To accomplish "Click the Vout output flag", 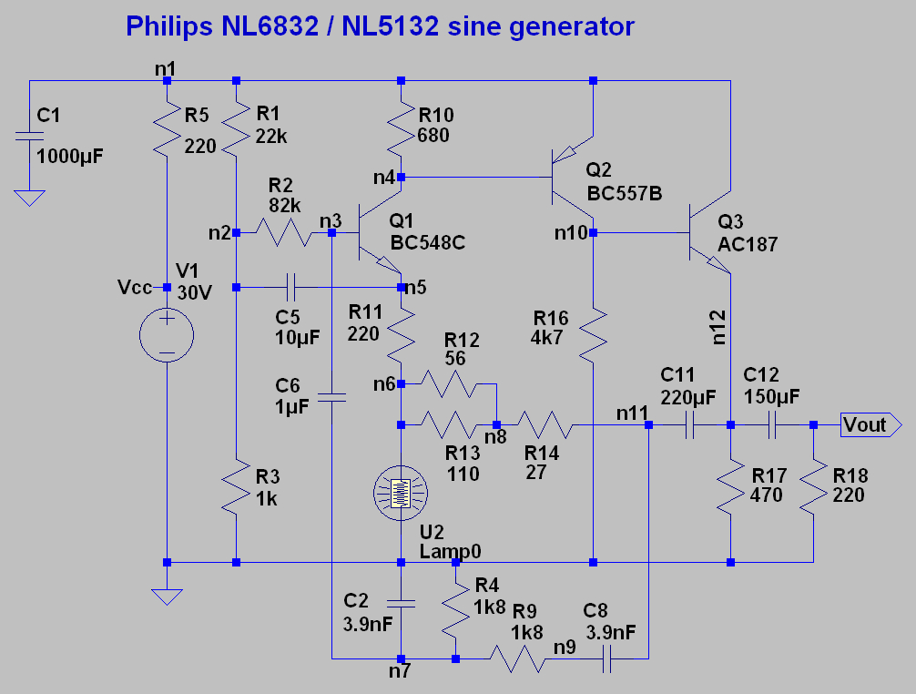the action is (871, 424).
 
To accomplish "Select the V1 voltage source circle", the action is (167, 335).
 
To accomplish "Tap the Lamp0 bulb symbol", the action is (401, 493).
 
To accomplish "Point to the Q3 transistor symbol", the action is (710, 232).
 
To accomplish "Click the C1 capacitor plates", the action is (29, 136).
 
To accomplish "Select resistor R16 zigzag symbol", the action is (593, 336).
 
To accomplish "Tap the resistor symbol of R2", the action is (284, 232).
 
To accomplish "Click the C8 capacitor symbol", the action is (607, 659).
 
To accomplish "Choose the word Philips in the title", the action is (168, 26).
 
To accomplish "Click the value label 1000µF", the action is (70, 156).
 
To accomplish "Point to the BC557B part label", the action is (625, 193).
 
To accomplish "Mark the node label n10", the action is (571, 233).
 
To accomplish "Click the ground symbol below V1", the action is (167, 597).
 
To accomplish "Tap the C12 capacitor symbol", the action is (772, 425).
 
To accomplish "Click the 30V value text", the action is (195, 292).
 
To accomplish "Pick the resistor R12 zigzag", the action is (449, 383).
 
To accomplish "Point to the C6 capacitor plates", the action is (331, 398).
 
